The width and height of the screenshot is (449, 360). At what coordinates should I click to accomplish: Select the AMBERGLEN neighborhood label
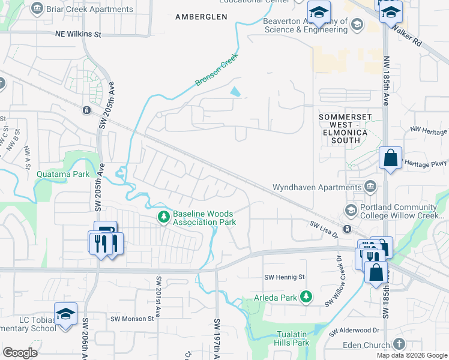[201, 17]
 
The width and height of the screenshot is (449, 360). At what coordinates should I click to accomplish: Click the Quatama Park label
[63, 174]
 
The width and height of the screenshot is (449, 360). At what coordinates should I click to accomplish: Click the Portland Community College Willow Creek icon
[351, 210]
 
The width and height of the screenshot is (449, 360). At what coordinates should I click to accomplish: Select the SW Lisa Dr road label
[325, 225]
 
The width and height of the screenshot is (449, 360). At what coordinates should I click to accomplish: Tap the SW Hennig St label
[285, 277]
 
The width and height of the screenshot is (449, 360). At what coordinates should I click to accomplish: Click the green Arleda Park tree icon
[307, 296]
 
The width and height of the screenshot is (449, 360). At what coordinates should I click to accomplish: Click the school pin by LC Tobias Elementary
[66, 314]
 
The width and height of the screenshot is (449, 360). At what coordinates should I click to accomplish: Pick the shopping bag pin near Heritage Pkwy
[390, 159]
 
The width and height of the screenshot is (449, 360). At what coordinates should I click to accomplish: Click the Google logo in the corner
[20, 353]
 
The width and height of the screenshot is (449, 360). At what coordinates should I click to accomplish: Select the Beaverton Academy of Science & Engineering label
[306, 25]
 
